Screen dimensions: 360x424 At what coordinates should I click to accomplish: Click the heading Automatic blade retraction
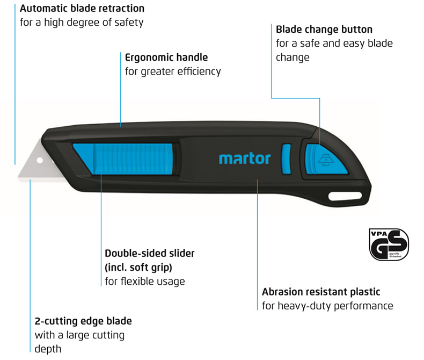coord(82,9)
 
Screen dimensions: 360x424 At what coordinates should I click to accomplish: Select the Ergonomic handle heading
coord(166,57)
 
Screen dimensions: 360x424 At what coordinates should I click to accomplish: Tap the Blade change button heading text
coord(324,29)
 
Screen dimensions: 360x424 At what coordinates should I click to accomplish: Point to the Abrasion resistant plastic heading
coord(321,292)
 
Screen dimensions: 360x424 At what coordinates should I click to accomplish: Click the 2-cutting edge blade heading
coord(83,321)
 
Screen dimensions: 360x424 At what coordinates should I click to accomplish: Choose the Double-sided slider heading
coord(150,253)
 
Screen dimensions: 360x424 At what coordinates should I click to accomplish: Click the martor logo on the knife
coord(245,158)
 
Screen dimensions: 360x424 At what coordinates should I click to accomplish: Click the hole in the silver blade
coord(39,160)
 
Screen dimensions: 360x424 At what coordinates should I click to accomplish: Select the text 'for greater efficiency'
coord(173,71)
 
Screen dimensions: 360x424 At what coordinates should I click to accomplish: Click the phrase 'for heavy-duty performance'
coord(327,306)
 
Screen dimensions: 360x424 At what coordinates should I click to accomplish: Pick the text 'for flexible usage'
coord(145,281)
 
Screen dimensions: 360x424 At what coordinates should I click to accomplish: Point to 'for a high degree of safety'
coord(81,23)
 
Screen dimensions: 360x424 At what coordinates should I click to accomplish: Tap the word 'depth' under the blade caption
coord(48,349)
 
